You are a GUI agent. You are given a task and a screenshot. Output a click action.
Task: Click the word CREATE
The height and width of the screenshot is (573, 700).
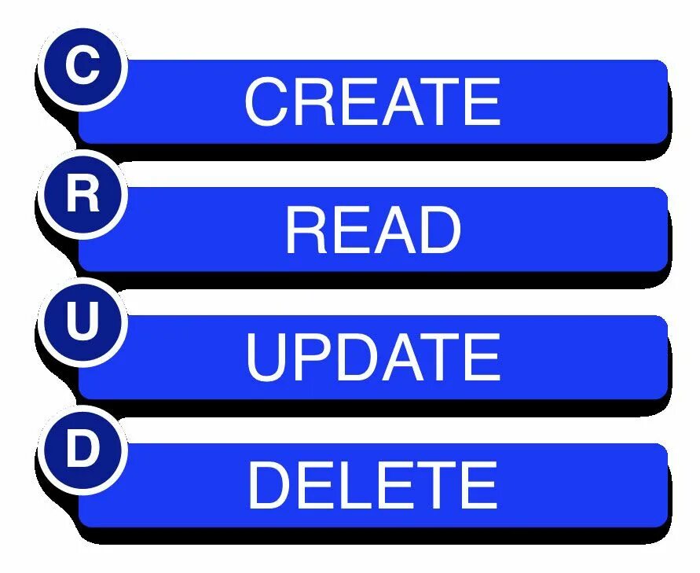pos(372,102)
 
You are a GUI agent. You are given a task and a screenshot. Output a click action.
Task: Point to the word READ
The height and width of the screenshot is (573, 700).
pos(372,230)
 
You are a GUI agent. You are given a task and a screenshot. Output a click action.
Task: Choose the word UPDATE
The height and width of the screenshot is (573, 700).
pos(372,358)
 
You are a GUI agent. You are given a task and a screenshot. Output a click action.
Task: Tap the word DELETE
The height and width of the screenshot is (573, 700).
pos(372,485)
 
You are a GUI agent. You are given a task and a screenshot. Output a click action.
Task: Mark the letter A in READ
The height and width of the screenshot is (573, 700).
pos(395,230)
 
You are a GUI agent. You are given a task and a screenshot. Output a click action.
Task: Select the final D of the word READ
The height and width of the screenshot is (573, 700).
pos(440,230)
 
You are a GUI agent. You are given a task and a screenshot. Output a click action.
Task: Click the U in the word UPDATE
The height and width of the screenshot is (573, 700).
pos(267,358)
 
